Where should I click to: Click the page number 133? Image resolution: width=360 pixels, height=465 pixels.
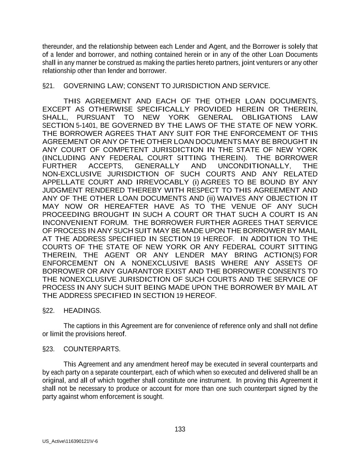coord(180,429)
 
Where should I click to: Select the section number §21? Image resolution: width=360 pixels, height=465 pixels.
coord(48,86)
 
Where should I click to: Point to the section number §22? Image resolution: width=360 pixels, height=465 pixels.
coord(48,311)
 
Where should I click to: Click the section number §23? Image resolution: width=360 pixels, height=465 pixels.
coord(48,349)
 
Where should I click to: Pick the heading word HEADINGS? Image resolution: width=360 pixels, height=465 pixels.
coord(82,311)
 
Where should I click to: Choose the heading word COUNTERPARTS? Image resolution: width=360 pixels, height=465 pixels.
coord(92,349)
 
